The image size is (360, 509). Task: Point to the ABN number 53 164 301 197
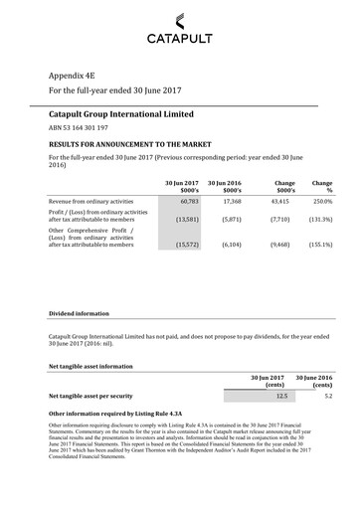tap(80, 129)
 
